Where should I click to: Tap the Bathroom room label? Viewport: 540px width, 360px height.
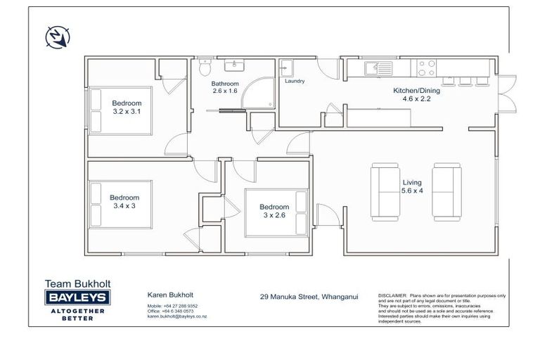coord(225,84)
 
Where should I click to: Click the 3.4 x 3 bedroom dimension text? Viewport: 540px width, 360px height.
coord(124,206)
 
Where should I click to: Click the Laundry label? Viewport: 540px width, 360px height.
coord(295,81)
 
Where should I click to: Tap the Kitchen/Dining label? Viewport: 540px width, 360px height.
coord(411,90)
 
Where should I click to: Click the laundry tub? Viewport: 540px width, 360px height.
coord(287,68)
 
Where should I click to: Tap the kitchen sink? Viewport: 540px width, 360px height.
coord(378,67)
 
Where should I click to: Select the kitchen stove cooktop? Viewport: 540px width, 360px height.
coord(427,67)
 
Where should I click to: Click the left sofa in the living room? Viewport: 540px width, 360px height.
coord(384,191)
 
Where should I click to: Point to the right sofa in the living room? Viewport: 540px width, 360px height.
coord(446,191)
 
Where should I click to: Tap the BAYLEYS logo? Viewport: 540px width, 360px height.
coord(77,298)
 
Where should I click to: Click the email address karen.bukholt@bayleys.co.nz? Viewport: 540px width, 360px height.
coord(176,316)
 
